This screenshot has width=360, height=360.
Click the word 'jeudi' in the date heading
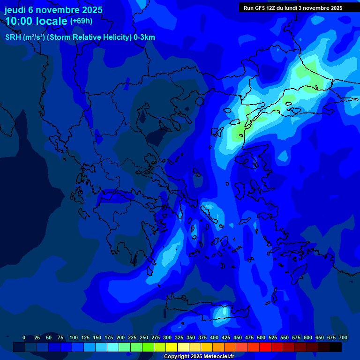(15, 10)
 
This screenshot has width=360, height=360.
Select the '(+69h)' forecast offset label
(81, 21)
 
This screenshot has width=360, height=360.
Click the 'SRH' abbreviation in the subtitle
(13, 37)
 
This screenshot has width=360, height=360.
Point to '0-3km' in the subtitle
(144, 37)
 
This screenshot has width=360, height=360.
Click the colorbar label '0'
(24, 337)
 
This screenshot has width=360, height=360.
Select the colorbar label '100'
(74, 337)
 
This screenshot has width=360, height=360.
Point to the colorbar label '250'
(144, 337)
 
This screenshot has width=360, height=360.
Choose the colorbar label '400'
(214, 337)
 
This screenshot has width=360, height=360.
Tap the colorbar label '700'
(343, 337)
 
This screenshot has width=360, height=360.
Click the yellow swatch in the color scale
(172, 347)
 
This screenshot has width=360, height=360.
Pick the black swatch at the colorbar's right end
(336, 347)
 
